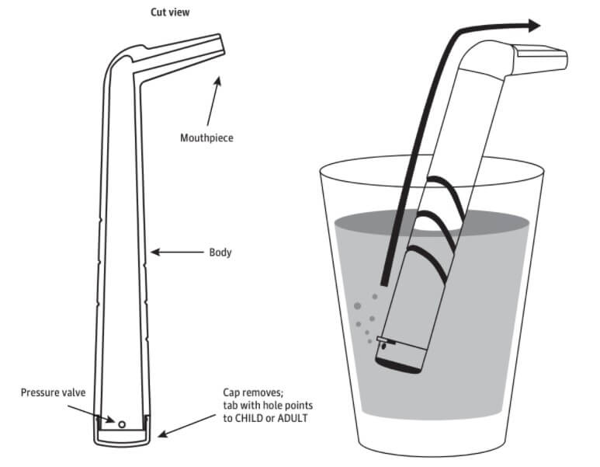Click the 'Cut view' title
[168, 12]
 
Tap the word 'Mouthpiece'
[206, 138]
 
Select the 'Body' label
[220, 253]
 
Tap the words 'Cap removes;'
[239, 394]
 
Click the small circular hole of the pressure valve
[121, 423]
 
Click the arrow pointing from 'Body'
[177, 252]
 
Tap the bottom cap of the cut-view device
[122, 437]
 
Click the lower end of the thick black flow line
[383, 281]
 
